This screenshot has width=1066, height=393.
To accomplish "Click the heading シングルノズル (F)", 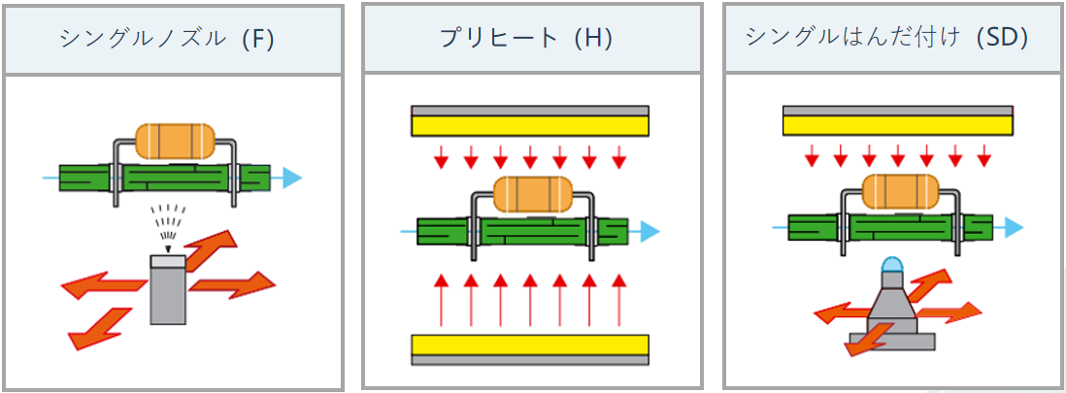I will click(x=166, y=40).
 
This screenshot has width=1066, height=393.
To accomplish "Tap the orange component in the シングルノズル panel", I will click(x=175, y=141).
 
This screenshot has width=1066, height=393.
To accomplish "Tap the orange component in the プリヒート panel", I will click(x=531, y=193).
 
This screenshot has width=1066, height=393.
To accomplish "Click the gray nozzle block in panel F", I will click(x=168, y=288).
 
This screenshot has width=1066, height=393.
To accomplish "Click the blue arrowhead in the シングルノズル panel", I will click(x=290, y=179).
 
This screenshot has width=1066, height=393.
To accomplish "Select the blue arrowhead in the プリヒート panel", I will click(x=649, y=231).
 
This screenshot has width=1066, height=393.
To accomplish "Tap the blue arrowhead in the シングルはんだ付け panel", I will click(x=1013, y=227).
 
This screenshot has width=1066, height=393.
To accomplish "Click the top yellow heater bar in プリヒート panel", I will click(x=530, y=126).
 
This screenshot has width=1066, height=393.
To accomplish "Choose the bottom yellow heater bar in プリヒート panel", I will click(x=530, y=344).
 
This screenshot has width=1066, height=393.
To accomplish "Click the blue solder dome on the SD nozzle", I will click(x=891, y=267).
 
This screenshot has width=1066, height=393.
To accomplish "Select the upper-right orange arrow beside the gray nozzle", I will click(x=216, y=250).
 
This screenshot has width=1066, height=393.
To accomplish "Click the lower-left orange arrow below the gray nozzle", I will click(x=97, y=328).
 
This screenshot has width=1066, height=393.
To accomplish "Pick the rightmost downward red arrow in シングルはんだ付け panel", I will click(x=983, y=153).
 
